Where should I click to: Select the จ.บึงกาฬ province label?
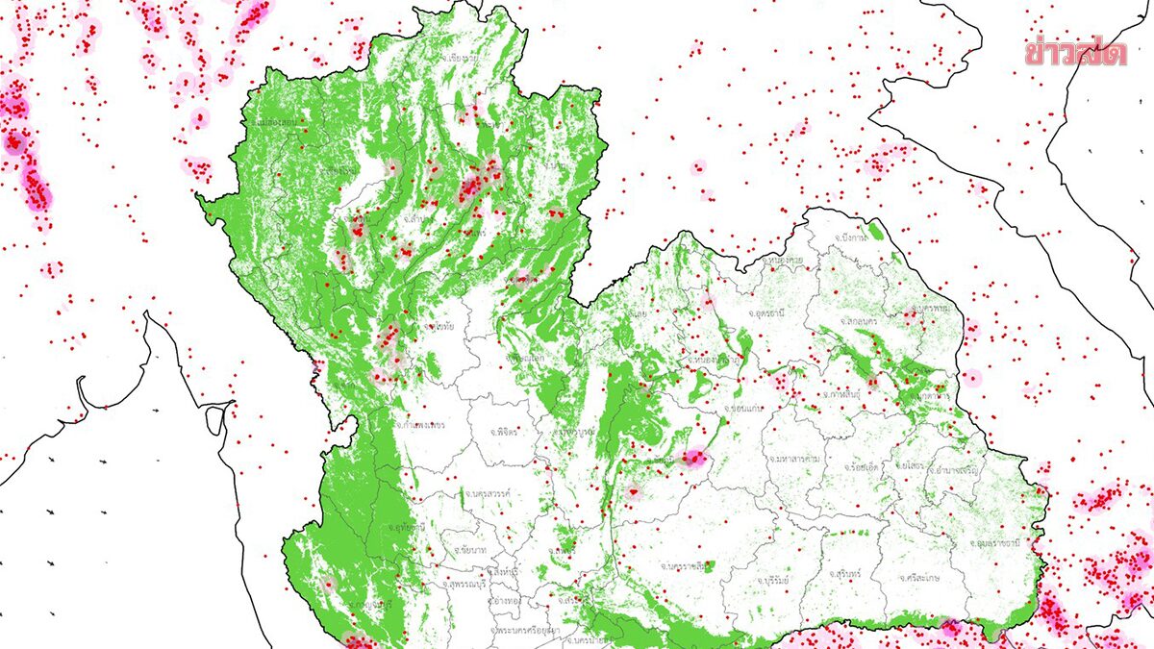(852, 237)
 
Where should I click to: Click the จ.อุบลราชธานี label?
(988, 543)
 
